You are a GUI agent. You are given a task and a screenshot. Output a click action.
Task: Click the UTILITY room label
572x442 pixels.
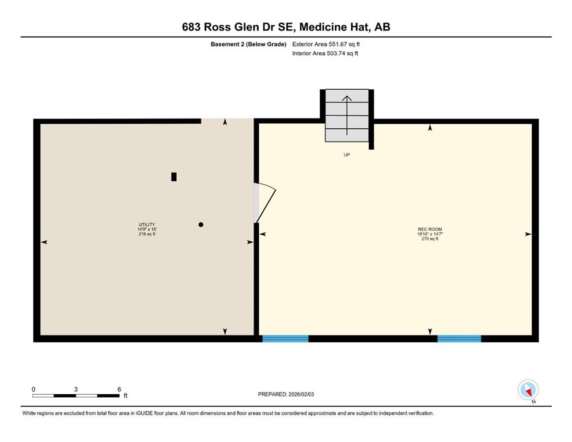(x=147, y=224)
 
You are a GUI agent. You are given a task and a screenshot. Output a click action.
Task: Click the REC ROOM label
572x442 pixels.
(x=430, y=229)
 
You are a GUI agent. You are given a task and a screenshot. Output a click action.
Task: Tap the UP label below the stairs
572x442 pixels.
(x=347, y=155)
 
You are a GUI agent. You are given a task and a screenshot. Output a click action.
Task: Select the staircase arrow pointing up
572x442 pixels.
(x=347, y=115)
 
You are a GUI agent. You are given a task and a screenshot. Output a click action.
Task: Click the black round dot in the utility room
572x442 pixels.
(x=200, y=224)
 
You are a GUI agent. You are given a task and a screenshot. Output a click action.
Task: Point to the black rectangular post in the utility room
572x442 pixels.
(x=174, y=177)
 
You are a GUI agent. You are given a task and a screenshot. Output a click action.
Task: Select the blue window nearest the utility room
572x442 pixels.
(x=285, y=339)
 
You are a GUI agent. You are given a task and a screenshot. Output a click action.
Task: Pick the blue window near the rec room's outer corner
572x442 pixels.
(x=459, y=339)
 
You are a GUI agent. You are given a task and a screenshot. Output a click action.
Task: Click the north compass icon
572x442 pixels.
(x=528, y=390)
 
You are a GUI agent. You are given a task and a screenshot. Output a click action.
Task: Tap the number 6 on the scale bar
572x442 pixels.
(x=119, y=389)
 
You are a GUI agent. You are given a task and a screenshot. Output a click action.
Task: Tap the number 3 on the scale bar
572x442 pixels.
(x=76, y=389)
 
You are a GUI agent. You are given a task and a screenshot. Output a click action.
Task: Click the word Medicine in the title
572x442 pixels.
(x=323, y=27)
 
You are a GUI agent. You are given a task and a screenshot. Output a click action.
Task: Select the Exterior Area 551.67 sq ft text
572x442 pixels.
(x=326, y=44)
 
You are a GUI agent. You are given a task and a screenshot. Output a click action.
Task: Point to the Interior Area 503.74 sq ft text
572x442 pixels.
(x=325, y=53)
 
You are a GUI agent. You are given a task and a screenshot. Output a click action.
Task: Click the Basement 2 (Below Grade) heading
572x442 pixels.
(x=248, y=44)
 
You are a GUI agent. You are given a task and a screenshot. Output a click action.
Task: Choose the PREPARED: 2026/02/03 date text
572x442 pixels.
(x=286, y=394)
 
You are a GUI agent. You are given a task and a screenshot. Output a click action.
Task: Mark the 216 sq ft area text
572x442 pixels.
(x=147, y=234)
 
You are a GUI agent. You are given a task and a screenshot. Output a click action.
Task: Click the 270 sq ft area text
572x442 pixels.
(x=430, y=239)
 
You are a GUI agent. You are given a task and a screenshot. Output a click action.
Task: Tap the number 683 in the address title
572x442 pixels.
(x=191, y=27)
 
